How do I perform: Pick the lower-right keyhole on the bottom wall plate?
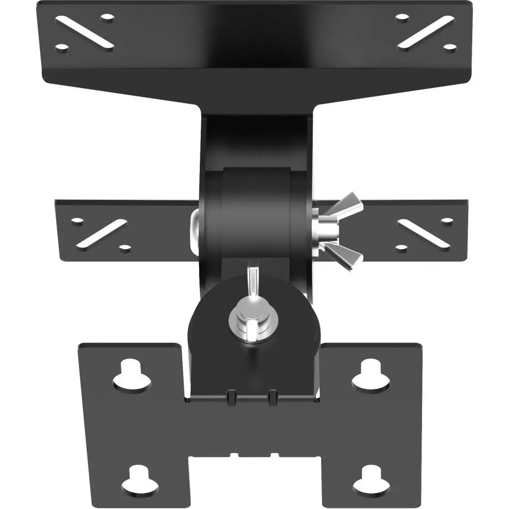tap(371, 479)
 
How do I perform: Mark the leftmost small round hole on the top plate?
tap(61, 48)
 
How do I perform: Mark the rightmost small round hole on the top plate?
tap(450, 48)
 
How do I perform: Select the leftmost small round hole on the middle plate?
tap(77, 220)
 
